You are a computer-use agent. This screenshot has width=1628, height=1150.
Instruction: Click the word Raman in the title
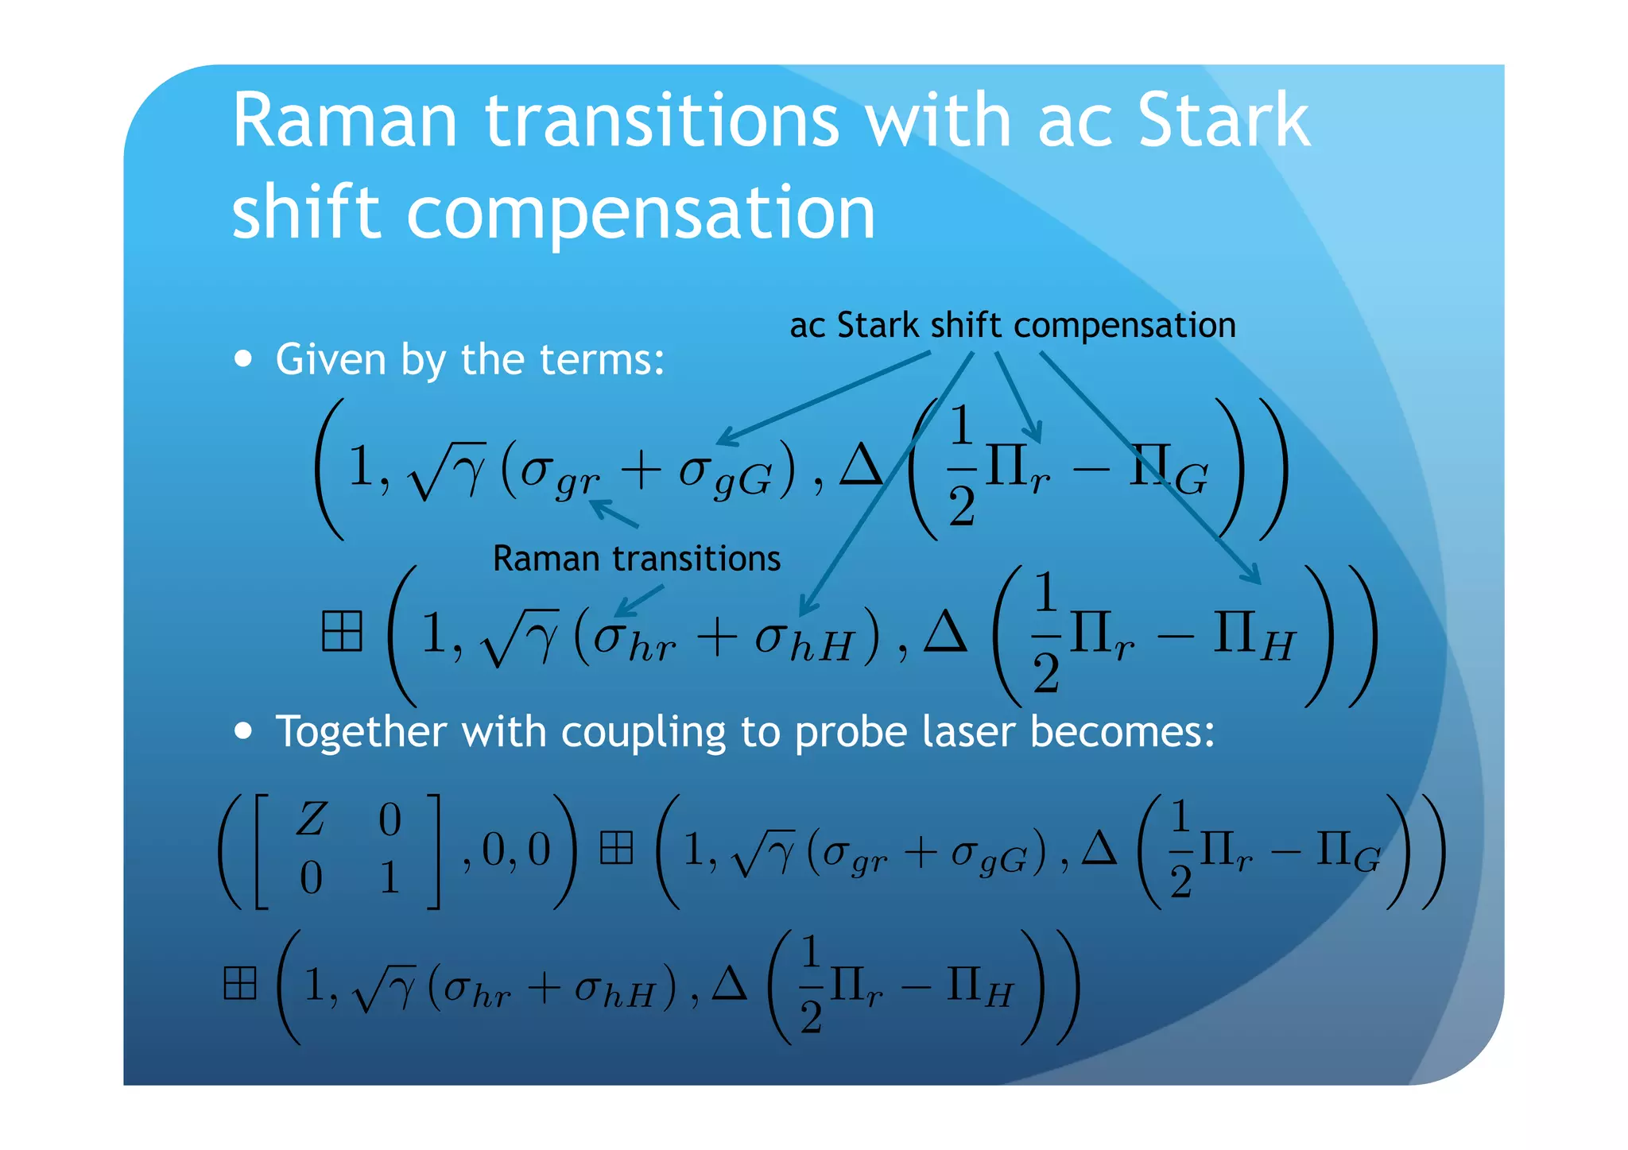click(x=344, y=121)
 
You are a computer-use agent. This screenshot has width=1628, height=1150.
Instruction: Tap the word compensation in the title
click(x=641, y=213)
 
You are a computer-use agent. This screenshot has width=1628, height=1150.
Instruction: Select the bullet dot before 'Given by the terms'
click(x=243, y=358)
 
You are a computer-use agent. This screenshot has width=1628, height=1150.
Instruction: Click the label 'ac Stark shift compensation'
click(x=1012, y=325)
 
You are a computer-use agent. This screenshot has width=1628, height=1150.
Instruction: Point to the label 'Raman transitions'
click(x=636, y=559)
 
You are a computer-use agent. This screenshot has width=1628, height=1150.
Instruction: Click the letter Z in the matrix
click(x=311, y=819)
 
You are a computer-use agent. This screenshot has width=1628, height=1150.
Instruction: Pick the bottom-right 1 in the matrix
click(x=389, y=878)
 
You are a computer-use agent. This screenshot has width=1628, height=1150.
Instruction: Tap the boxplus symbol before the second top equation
click(x=342, y=632)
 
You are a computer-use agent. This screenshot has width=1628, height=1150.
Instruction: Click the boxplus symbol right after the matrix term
click(x=616, y=848)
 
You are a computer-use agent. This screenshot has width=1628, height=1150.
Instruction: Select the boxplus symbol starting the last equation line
click(x=240, y=983)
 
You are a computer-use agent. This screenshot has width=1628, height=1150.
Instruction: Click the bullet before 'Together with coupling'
click(x=243, y=730)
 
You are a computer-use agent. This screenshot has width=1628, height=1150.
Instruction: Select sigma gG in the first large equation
click(x=724, y=474)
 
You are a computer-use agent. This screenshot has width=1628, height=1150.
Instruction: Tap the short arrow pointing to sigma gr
click(x=614, y=513)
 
